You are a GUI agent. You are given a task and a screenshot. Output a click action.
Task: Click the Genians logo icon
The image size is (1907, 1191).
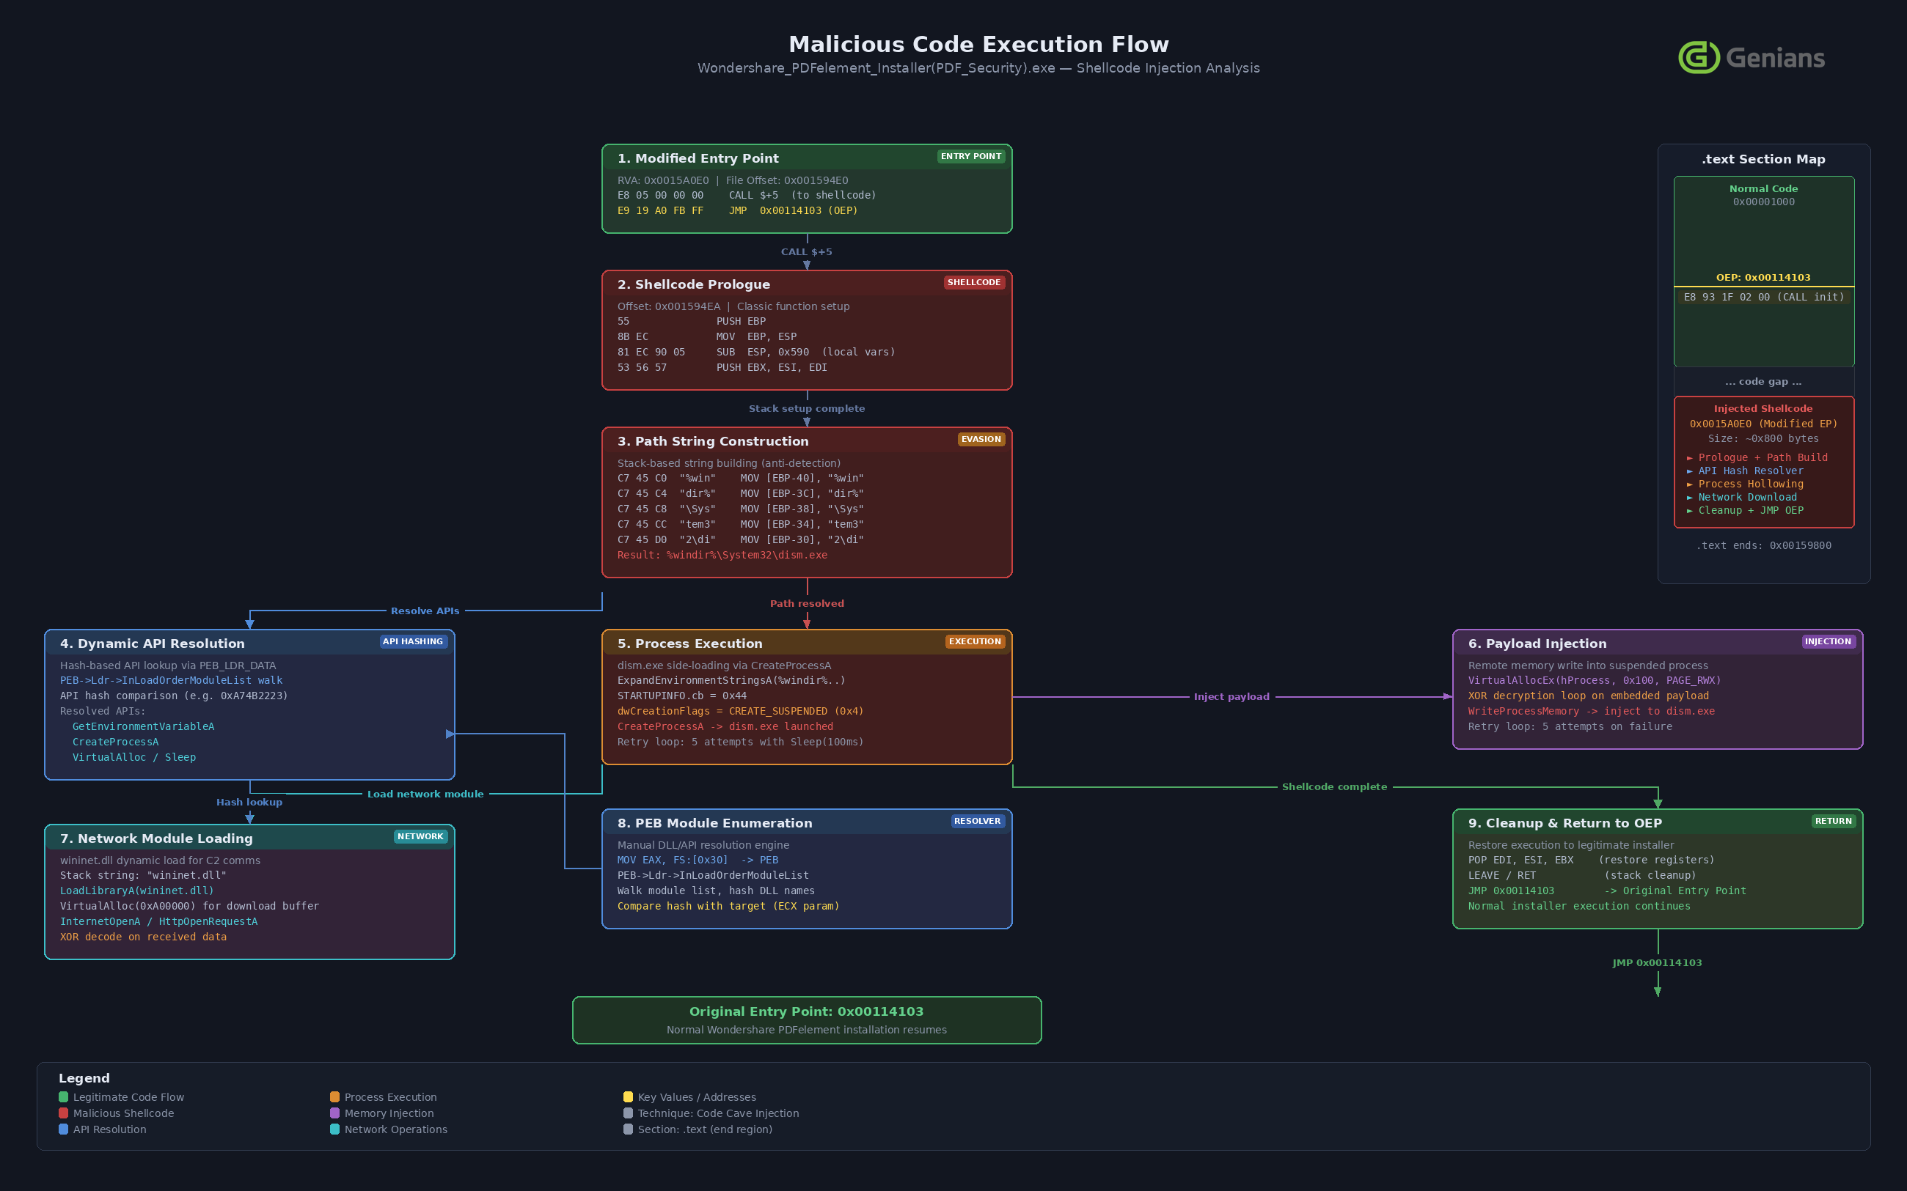click(1698, 57)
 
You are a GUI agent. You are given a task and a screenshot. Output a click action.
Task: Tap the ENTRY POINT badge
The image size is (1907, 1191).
click(971, 157)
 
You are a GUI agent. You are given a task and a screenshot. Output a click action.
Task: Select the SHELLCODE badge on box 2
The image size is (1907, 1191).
click(973, 283)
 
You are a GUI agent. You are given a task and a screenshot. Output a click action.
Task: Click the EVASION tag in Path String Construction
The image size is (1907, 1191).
click(981, 440)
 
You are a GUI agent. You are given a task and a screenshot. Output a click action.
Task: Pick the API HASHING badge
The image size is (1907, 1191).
click(413, 642)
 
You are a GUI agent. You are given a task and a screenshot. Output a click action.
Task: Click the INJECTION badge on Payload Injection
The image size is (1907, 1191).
click(1827, 642)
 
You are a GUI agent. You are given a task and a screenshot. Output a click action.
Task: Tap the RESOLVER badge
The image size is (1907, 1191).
click(976, 822)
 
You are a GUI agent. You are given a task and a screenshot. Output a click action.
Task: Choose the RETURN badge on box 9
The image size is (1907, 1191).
click(1833, 822)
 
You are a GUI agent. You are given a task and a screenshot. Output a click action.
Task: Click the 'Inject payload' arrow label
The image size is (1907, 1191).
click(1231, 697)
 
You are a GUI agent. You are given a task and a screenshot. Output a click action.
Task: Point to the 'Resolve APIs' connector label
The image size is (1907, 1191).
click(425, 611)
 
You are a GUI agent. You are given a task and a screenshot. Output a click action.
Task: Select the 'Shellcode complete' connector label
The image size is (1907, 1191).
click(1334, 787)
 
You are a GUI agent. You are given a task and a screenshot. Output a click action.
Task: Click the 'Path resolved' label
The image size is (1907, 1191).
click(806, 604)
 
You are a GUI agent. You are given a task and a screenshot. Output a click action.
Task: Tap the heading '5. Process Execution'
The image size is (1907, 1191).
click(689, 644)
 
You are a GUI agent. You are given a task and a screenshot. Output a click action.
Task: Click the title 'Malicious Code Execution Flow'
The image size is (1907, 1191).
click(978, 44)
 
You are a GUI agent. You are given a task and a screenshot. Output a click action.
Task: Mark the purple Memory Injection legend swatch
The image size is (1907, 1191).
click(335, 1113)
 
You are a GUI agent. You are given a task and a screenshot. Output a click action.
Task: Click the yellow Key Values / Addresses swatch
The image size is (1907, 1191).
click(628, 1097)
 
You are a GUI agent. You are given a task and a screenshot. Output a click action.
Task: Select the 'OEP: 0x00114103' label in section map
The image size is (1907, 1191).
click(1763, 278)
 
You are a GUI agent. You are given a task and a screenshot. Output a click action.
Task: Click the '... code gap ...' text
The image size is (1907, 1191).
click(1763, 382)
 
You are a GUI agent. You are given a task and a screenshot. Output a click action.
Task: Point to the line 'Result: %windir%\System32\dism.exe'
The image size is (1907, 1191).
click(722, 556)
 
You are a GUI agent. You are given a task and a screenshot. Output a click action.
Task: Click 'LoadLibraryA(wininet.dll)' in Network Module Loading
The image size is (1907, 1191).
click(137, 891)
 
